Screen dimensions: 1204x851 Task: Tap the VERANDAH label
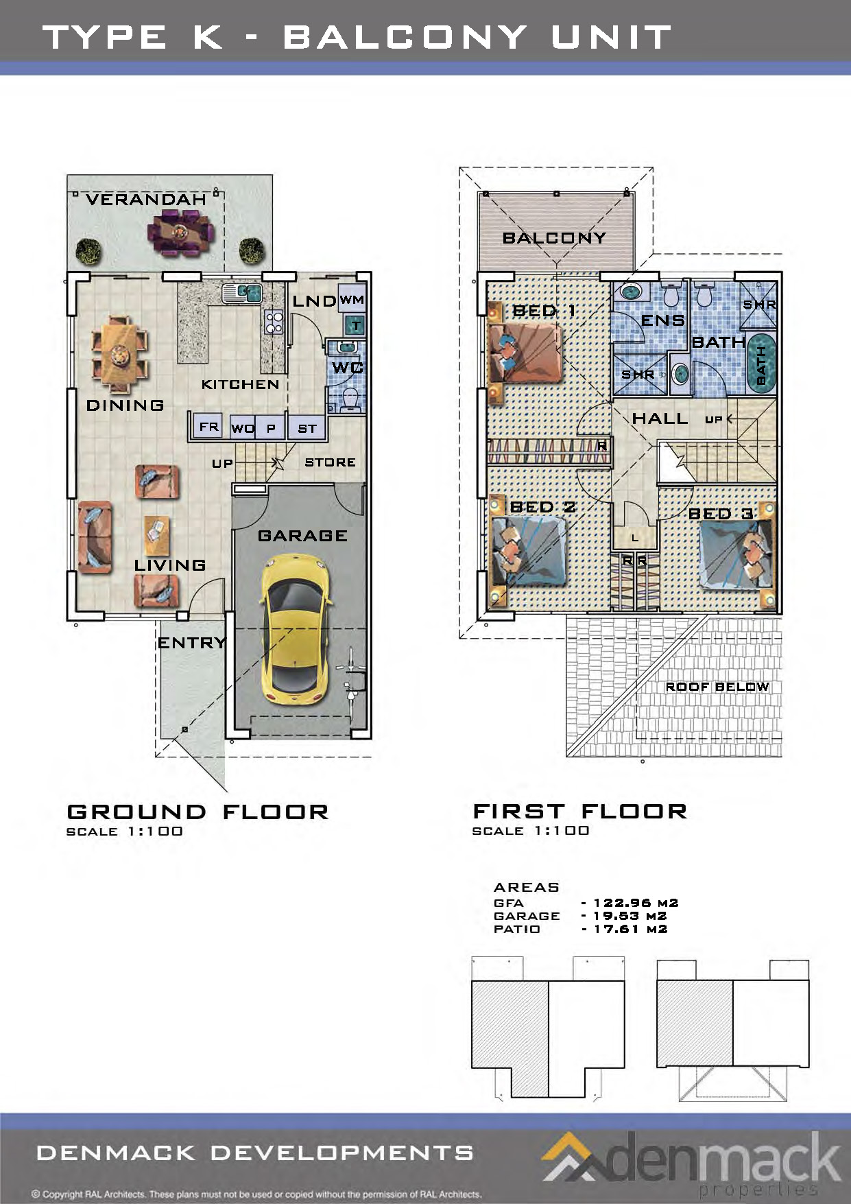pyautogui.click(x=146, y=200)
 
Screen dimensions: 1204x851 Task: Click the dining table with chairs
pyautogui.click(x=120, y=355)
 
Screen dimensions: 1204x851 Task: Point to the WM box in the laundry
pyautogui.click(x=352, y=300)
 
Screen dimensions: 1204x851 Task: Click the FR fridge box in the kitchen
pyautogui.click(x=208, y=427)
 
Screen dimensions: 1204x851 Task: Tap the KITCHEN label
pyautogui.click(x=240, y=384)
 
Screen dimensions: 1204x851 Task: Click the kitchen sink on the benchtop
pyautogui.click(x=242, y=294)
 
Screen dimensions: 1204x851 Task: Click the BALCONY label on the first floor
pyautogui.click(x=554, y=238)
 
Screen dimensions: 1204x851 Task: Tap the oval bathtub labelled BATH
pyautogui.click(x=760, y=363)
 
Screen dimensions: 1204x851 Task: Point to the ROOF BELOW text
pyautogui.click(x=717, y=687)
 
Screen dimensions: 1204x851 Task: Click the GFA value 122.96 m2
pyautogui.click(x=636, y=903)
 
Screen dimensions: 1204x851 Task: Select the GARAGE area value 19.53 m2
pyautogui.click(x=630, y=916)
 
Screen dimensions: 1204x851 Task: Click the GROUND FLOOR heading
pyautogui.click(x=198, y=812)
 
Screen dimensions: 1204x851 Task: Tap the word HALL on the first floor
pyautogui.click(x=660, y=418)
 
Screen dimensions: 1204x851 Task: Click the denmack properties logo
pyautogui.click(x=693, y=1161)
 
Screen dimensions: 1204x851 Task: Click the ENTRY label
pyautogui.click(x=192, y=643)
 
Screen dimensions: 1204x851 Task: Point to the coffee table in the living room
pyautogui.click(x=157, y=536)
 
